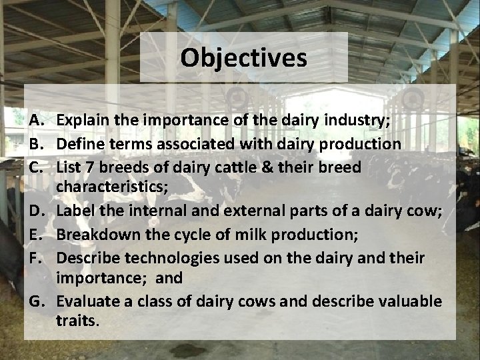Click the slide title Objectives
(243, 58)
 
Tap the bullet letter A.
(37, 121)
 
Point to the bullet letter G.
(37, 302)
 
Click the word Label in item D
(77, 212)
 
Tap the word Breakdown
(97, 235)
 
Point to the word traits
(78, 321)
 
